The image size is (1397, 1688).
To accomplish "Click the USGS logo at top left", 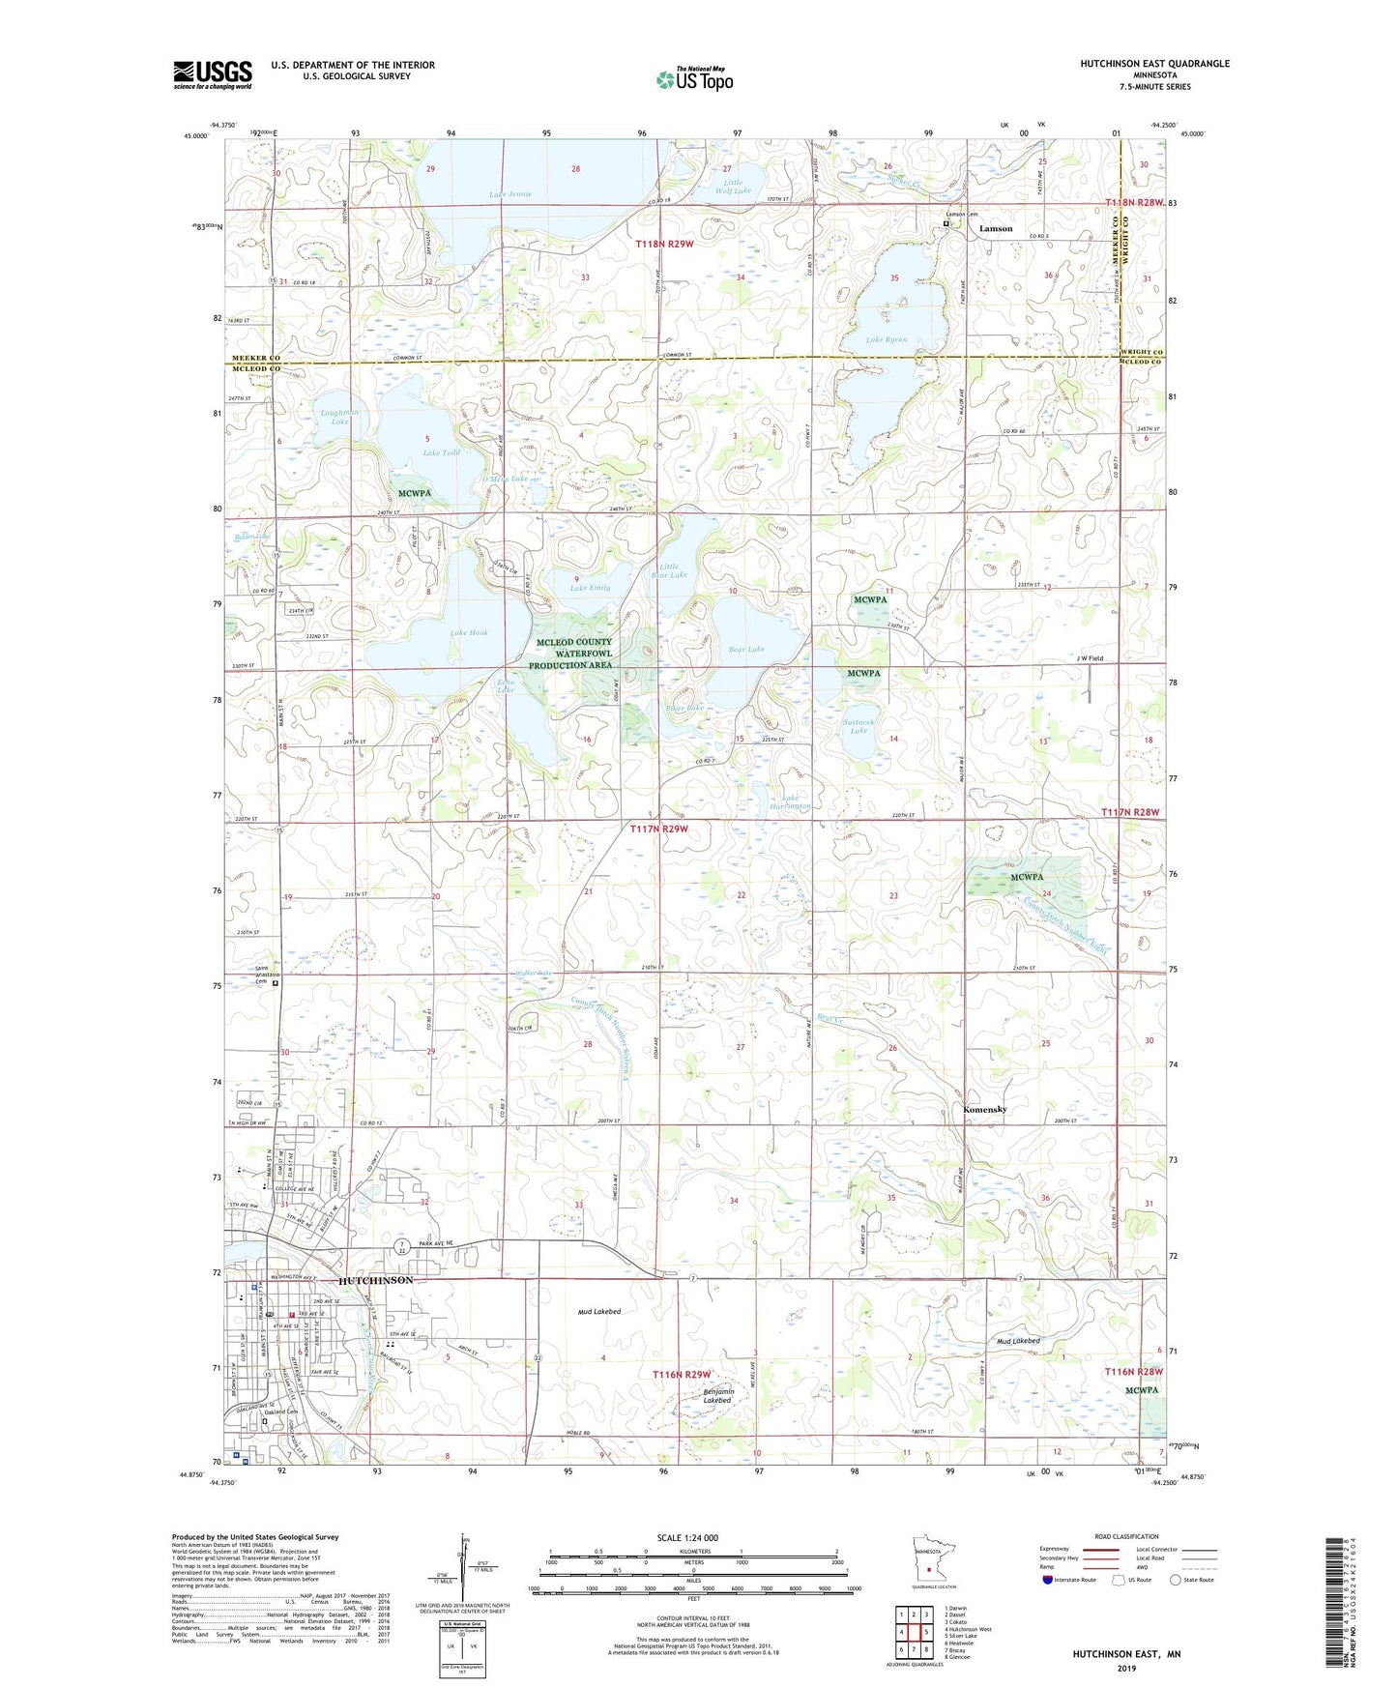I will tap(213, 73).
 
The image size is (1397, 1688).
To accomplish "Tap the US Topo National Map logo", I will tap(694, 79).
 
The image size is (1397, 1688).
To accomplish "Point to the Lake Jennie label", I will tap(510, 194).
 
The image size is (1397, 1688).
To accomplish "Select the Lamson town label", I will tap(996, 229).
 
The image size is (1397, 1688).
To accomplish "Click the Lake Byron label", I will tap(887, 340).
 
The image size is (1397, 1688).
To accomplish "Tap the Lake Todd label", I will tap(442, 452).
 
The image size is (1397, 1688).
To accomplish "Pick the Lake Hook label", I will tap(469, 633).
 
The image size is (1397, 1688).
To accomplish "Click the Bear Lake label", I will tap(745, 649).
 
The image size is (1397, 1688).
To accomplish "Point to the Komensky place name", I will tap(985, 1110).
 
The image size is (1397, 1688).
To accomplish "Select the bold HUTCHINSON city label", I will tap(376, 1280).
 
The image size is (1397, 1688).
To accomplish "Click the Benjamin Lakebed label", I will tap(718, 1396).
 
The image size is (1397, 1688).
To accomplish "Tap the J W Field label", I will tap(1090, 658).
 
